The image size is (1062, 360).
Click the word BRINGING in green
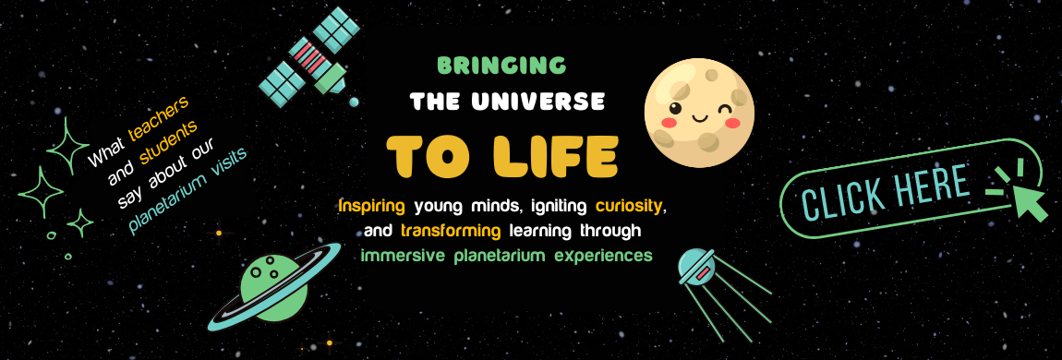click(501, 65)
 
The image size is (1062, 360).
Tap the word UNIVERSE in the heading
click(537, 102)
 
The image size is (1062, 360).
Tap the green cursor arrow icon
click(1030, 201)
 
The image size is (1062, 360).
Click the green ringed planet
click(274, 288)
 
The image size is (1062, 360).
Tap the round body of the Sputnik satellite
click(697, 266)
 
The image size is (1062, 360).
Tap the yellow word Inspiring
click(372, 205)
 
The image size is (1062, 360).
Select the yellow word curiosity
click(628, 205)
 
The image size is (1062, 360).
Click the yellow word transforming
click(451, 231)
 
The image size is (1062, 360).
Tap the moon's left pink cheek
click(670, 123)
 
